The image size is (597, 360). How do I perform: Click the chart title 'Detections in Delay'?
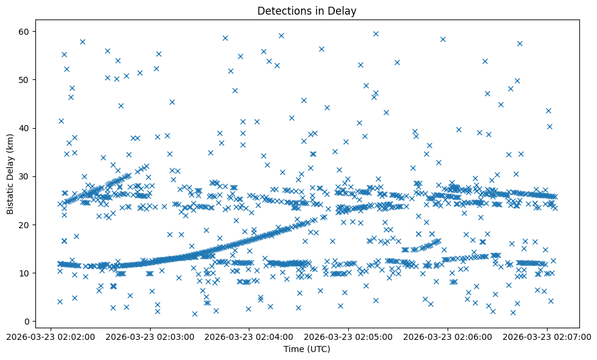(x=307, y=10)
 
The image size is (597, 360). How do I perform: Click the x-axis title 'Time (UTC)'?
(x=307, y=349)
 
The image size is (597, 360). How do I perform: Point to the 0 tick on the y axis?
(x=27, y=322)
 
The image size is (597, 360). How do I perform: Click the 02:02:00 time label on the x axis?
(x=51, y=336)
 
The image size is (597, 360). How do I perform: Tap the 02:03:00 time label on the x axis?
(x=151, y=336)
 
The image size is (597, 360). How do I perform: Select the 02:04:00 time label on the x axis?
(x=249, y=336)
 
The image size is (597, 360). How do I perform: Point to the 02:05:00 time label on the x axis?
(x=349, y=336)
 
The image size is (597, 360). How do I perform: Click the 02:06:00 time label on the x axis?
(x=448, y=336)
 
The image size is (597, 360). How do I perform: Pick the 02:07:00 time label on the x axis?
(x=547, y=336)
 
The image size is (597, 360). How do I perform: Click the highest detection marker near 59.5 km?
(x=376, y=34)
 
